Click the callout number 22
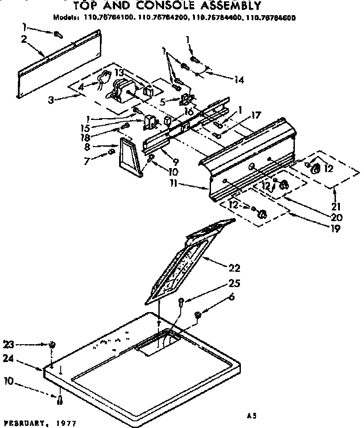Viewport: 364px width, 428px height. point(234,268)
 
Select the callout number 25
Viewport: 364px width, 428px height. point(234,284)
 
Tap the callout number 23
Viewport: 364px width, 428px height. point(8,344)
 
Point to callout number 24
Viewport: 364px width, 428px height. point(8,358)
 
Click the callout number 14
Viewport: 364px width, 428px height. point(239,80)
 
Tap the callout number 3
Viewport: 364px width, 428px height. point(52,100)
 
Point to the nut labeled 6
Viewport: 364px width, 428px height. point(199,316)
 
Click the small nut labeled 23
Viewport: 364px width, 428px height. point(53,344)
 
